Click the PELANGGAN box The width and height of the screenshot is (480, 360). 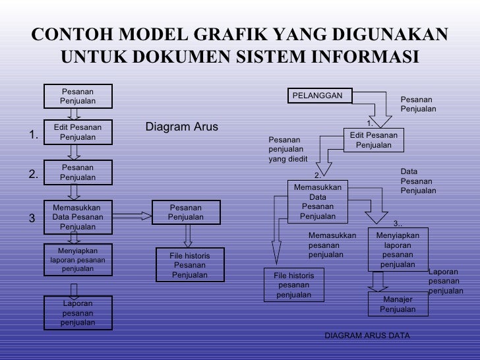[x=319, y=96]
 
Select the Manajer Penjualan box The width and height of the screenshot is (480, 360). [x=397, y=305]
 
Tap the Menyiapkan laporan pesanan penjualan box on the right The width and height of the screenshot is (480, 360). [x=398, y=250]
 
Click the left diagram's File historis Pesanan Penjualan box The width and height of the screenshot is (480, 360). [x=190, y=265]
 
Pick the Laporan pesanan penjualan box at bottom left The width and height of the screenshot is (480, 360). [x=78, y=313]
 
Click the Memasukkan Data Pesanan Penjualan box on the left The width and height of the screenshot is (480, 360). [x=78, y=216]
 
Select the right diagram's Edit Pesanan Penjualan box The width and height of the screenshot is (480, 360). [x=373, y=140]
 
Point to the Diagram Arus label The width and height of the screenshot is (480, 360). [x=181, y=127]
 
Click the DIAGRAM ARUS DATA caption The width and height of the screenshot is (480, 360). [x=367, y=336]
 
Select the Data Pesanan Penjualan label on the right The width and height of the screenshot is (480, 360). [x=418, y=181]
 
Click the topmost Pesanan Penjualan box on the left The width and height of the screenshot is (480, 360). [x=78, y=96]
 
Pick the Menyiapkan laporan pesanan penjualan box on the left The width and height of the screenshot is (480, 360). [x=78, y=260]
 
